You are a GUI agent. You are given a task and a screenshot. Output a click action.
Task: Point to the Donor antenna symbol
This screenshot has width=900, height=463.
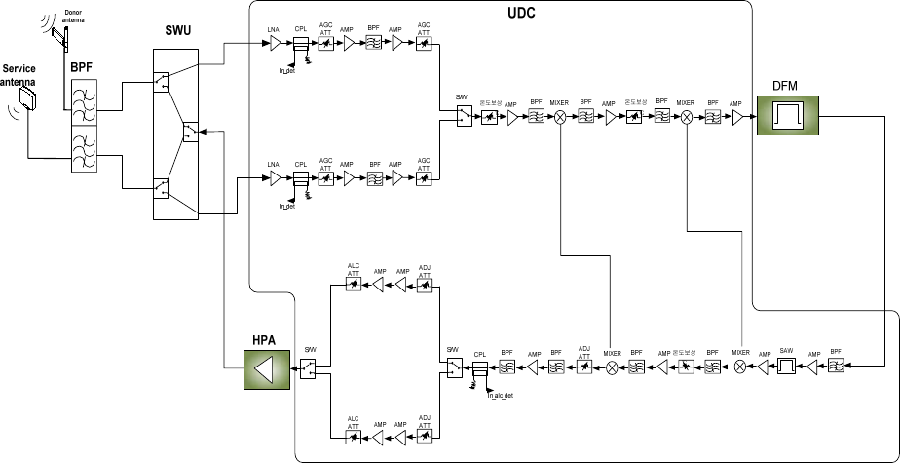coord(59,35)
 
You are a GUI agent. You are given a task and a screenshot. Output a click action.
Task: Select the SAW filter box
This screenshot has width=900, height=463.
coord(785,367)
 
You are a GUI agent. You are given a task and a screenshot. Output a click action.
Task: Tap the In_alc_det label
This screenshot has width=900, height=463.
coord(501,395)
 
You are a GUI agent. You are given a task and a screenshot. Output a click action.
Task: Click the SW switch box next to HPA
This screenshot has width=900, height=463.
coord(308,367)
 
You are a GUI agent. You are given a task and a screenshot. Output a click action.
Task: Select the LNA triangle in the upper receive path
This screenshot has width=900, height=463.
coord(276,43)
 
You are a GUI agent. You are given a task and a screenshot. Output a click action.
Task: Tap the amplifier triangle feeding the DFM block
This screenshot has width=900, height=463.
coord(738,117)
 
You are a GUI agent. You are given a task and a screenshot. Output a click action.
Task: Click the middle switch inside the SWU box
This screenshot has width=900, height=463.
coord(191,130)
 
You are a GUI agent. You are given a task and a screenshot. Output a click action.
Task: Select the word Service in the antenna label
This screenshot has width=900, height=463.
coord(20,69)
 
